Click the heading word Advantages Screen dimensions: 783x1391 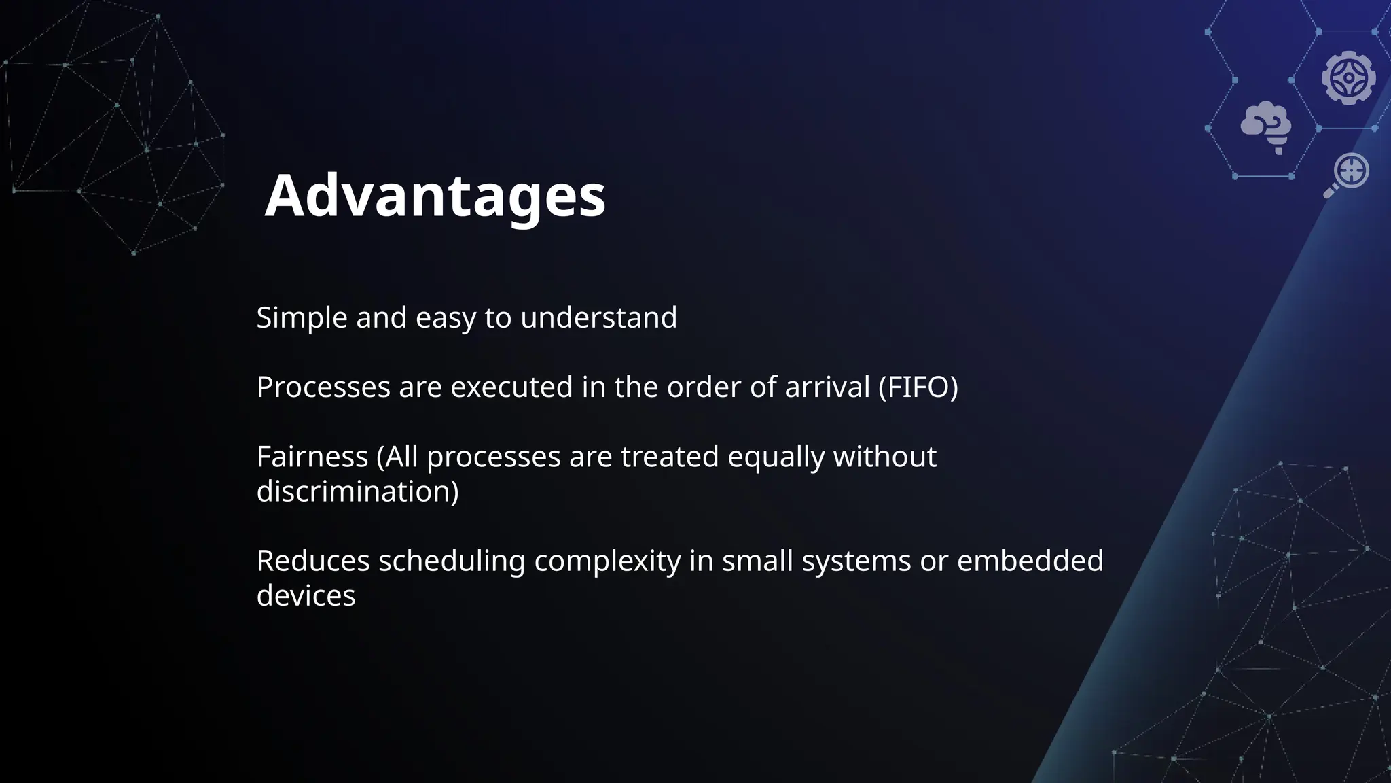435,196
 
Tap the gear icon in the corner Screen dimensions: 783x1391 1348,77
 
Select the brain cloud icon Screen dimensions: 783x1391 1266,126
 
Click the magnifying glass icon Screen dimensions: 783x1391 1346,174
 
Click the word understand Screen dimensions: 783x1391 598,317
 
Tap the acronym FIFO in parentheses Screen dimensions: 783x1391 918,387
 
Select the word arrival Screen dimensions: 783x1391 827,387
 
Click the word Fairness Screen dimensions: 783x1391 312,456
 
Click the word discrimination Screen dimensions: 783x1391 357,491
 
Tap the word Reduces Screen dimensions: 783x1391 312,561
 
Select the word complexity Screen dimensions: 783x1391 607,561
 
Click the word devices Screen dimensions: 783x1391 306,595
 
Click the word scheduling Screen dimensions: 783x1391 452,561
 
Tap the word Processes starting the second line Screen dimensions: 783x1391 323,387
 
